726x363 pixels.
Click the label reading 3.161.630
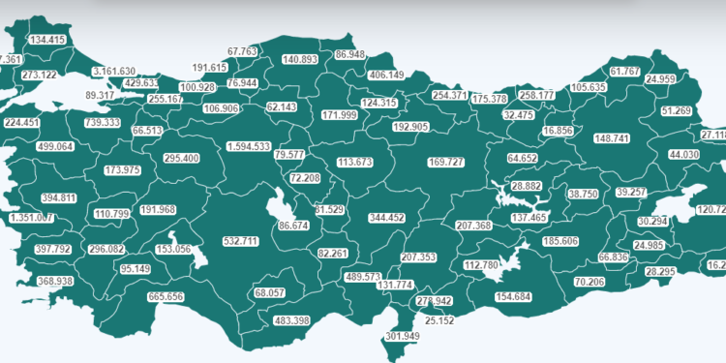(114, 72)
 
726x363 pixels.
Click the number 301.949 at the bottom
(402, 337)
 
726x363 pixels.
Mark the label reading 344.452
(386, 219)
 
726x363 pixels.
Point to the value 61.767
(626, 72)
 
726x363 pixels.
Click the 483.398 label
(291, 320)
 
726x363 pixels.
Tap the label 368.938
(55, 282)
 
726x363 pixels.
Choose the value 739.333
(102, 123)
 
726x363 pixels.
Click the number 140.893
(300, 60)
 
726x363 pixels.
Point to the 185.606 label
(561, 241)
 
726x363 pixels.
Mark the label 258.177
(537, 95)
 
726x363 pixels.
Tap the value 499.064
(54, 147)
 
